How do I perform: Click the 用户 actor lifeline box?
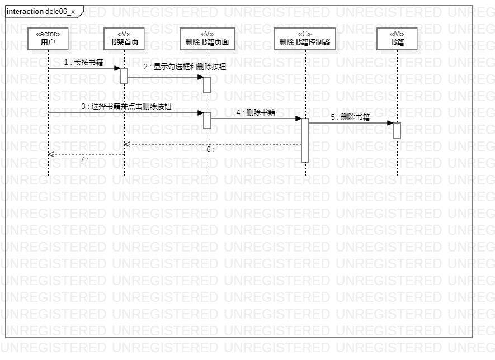click(48, 39)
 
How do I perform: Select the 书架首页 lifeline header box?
click(124, 39)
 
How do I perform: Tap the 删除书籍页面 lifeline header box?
click(207, 39)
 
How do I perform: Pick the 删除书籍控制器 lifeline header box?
click(305, 39)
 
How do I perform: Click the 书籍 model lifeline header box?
click(397, 39)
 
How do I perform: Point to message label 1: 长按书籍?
click(83, 63)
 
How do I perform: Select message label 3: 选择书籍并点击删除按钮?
click(126, 106)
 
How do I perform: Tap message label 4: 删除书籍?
click(256, 112)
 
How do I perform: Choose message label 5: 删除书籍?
click(350, 117)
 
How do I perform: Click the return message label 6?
click(210, 150)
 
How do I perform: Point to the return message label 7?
click(84, 159)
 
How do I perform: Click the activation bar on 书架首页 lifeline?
click(124, 75)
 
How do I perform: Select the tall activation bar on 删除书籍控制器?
click(305, 140)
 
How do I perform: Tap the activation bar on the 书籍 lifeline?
click(397, 130)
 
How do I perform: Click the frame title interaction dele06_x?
click(41, 12)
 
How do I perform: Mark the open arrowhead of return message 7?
click(51, 154)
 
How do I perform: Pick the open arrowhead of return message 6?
click(127, 144)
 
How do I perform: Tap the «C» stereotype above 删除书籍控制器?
click(305, 34)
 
